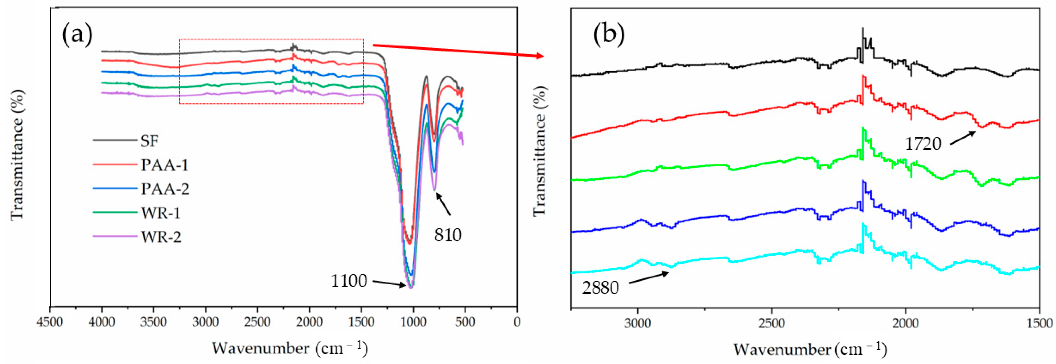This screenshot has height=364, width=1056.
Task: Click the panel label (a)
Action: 77,35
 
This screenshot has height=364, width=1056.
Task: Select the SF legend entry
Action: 149,141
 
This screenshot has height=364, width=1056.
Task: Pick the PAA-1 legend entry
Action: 164,165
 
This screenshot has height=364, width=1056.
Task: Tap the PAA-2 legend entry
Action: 165,189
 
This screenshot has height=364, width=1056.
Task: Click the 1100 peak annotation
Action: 349,281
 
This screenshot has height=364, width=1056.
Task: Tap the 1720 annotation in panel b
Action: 923,144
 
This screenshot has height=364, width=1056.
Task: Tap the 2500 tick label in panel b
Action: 772,323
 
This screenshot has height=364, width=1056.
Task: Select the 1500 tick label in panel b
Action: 1039,323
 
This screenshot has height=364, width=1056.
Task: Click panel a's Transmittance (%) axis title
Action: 17,155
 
